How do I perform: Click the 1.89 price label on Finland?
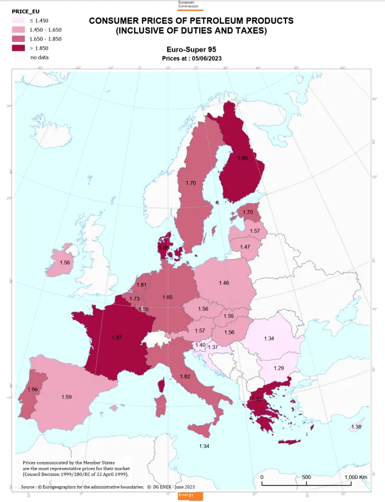click(x=243, y=158)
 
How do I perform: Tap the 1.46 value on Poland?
click(x=224, y=283)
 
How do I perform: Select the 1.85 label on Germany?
click(x=168, y=297)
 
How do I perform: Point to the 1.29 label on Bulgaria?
click(x=279, y=367)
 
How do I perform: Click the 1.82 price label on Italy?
click(x=185, y=376)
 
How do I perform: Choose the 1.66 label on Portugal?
click(x=32, y=389)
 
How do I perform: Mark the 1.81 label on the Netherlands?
click(x=141, y=285)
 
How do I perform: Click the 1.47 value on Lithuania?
click(x=245, y=247)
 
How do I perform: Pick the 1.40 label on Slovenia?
click(x=201, y=345)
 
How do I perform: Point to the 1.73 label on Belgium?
click(x=135, y=299)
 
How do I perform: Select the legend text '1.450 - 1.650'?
click(x=46, y=30)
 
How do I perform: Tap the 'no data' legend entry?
click(x=40, y=57)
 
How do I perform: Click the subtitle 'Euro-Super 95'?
click(x=191, y=49)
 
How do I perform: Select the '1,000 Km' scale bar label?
click(x=355, y=477)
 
